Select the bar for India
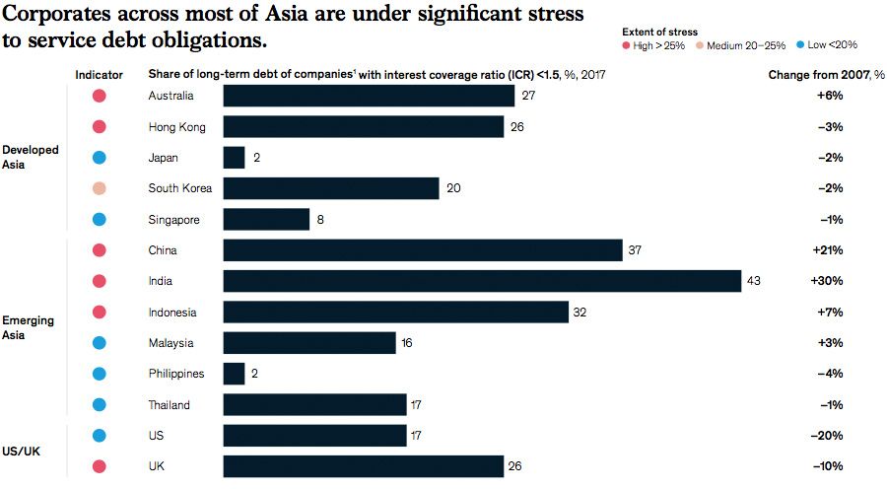[x=482, y=281]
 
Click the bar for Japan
[x=234, y=158]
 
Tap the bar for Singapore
[x=266, y=220]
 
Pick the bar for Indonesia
[x=395, y=313]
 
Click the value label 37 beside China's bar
[x=637, y=250]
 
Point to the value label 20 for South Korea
[x=453, y=188]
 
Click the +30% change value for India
[x=826, y=281]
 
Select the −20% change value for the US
[x=826, y=436]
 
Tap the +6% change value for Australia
[x=829, y=96]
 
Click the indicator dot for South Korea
[x=99, y=188]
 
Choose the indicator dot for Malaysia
[x=99, y=343]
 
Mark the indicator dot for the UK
[x=99, y=466]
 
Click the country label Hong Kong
[x=176, y=126]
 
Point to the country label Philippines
[x=176, y=374]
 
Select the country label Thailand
[x=170, y=405]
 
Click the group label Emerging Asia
[x=30, y=327]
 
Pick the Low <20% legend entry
[x=828, y=45]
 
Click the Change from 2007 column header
[x=826, y=74]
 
